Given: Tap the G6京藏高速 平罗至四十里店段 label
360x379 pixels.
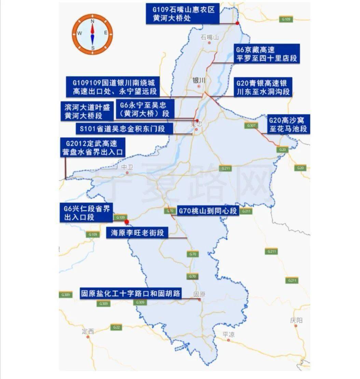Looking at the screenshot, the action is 267,54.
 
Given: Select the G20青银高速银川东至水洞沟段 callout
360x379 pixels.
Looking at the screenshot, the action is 263,87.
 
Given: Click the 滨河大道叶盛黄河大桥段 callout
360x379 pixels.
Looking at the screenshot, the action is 87,111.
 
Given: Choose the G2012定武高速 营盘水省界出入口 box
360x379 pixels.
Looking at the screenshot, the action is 92,147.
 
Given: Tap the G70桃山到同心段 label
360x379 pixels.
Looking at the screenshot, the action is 207,211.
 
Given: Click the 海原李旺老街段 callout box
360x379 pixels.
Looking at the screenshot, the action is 138,233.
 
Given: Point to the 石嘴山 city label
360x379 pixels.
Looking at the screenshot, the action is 210,37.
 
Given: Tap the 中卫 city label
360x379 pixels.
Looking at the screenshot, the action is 126,167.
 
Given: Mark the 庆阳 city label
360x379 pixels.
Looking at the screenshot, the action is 296,320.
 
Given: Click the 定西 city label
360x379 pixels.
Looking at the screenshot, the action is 88,331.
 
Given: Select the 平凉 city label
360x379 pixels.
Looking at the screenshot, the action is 228,334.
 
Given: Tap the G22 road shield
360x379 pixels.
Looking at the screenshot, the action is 116,327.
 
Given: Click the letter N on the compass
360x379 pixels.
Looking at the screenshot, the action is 92,21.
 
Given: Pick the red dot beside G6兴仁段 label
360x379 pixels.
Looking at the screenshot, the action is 126,222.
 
